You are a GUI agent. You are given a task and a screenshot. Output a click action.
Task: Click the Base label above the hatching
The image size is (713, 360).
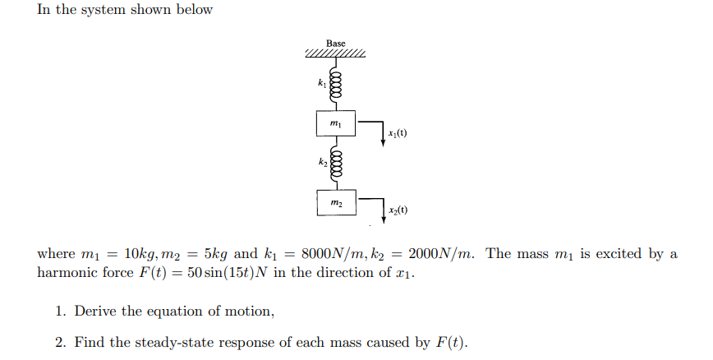pos(335,43)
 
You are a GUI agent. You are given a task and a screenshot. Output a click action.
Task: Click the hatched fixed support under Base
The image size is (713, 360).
pos(335,55)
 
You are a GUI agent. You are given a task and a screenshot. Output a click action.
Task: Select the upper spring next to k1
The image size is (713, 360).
pos(335,85)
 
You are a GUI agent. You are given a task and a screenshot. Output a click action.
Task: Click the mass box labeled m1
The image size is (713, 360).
pos(335,123)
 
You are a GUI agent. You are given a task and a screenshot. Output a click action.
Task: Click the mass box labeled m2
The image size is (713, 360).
pos(335,202)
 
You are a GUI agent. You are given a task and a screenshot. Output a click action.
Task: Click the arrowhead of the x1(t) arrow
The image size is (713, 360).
pos(383,141)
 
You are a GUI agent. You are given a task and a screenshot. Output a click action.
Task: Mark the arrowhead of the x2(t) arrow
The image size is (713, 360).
pos(383,219)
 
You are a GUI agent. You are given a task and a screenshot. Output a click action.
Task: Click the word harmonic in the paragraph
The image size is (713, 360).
pos(67,273)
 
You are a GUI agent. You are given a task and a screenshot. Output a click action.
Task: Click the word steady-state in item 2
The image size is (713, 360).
pos(181,343)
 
